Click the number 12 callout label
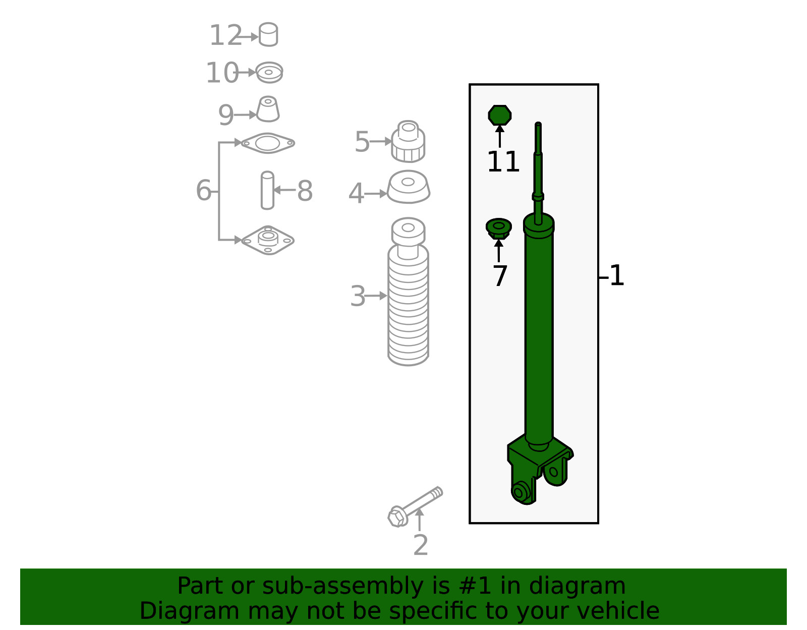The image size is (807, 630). click(x=226, y=35)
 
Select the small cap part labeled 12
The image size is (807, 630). click(x=268, y=34)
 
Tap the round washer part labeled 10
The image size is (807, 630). click(x=269, y=72)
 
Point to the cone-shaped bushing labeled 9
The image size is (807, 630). click(x=268, y=109)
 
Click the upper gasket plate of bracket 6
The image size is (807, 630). click(x=268, y=143)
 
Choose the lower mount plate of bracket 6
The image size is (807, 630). click(x=268, y=240)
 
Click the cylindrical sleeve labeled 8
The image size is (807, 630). click(x=267, y=190)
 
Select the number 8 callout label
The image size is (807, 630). click(x=305, y=191)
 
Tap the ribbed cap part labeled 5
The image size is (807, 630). click(x=408, y=141)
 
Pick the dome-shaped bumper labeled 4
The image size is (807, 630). click(x=409, y=187)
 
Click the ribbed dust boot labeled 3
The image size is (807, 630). click(x=408, y=292)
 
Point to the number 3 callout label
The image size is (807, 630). click(x=358, y=296)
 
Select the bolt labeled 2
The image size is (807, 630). click(x=415, y=507)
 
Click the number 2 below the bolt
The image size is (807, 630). click(x=421, y=545)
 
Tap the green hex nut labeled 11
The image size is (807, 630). click(x=499, y=115)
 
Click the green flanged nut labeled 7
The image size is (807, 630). click(x=499, y=228)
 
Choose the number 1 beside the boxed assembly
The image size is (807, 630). click(x=617, y=275)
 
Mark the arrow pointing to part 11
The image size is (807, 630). click(x=500, y=136)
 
